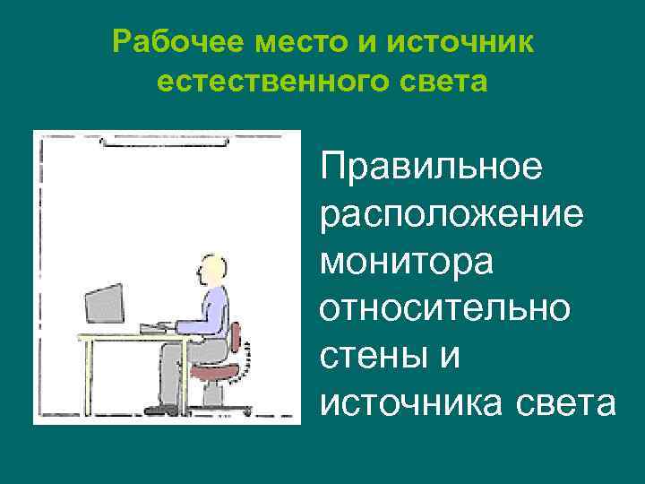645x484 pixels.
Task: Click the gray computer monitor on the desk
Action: click(104, 304)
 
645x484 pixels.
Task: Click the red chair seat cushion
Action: click(215, 367)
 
